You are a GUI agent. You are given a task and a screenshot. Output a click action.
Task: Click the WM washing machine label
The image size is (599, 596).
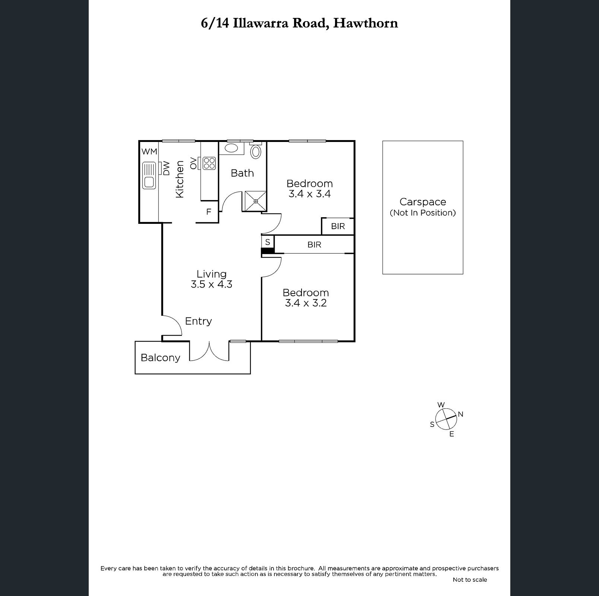(x=149, y=152)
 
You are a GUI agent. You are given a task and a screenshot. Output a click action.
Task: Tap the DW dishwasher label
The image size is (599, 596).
(x=166, y=168)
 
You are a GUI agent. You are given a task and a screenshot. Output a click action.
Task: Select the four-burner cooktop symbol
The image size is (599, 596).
(x=209, y=163)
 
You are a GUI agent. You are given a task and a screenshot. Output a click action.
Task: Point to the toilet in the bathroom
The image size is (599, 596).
(x=255, y=151)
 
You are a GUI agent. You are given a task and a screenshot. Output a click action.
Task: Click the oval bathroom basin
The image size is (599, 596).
(x=231, y=148)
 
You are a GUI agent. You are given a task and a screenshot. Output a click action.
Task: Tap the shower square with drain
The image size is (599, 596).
(x=256, y=201)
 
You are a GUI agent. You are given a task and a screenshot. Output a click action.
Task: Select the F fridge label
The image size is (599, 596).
(x=209, y=212)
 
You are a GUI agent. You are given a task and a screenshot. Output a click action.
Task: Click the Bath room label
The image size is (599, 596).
(x=242, y=173)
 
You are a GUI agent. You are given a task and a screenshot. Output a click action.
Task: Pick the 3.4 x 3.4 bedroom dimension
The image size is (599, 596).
(x=310, y=194)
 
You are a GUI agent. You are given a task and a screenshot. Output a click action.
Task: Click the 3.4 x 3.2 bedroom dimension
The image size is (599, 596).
(x=306, y=303)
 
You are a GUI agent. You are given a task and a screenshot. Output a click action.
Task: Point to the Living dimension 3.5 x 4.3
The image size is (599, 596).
(x=211, y=285)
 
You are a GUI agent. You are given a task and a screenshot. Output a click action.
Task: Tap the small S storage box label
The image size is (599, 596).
(x=268, y=242)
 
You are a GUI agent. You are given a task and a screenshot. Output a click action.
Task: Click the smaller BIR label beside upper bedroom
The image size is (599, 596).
(x=338, y=226)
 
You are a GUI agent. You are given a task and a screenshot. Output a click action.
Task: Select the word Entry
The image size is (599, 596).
(x=198, y=321)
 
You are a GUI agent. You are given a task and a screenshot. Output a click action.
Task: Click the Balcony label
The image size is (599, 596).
(x=160, y=358)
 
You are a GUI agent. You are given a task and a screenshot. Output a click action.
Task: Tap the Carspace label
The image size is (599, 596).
(x=423, y=202)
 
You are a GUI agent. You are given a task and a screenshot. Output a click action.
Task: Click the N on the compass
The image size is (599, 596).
(x=460, y=414)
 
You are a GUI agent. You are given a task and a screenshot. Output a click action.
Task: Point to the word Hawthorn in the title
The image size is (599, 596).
(x=366, y=23)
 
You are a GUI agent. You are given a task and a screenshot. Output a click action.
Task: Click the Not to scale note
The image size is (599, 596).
(x=470, y=580)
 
